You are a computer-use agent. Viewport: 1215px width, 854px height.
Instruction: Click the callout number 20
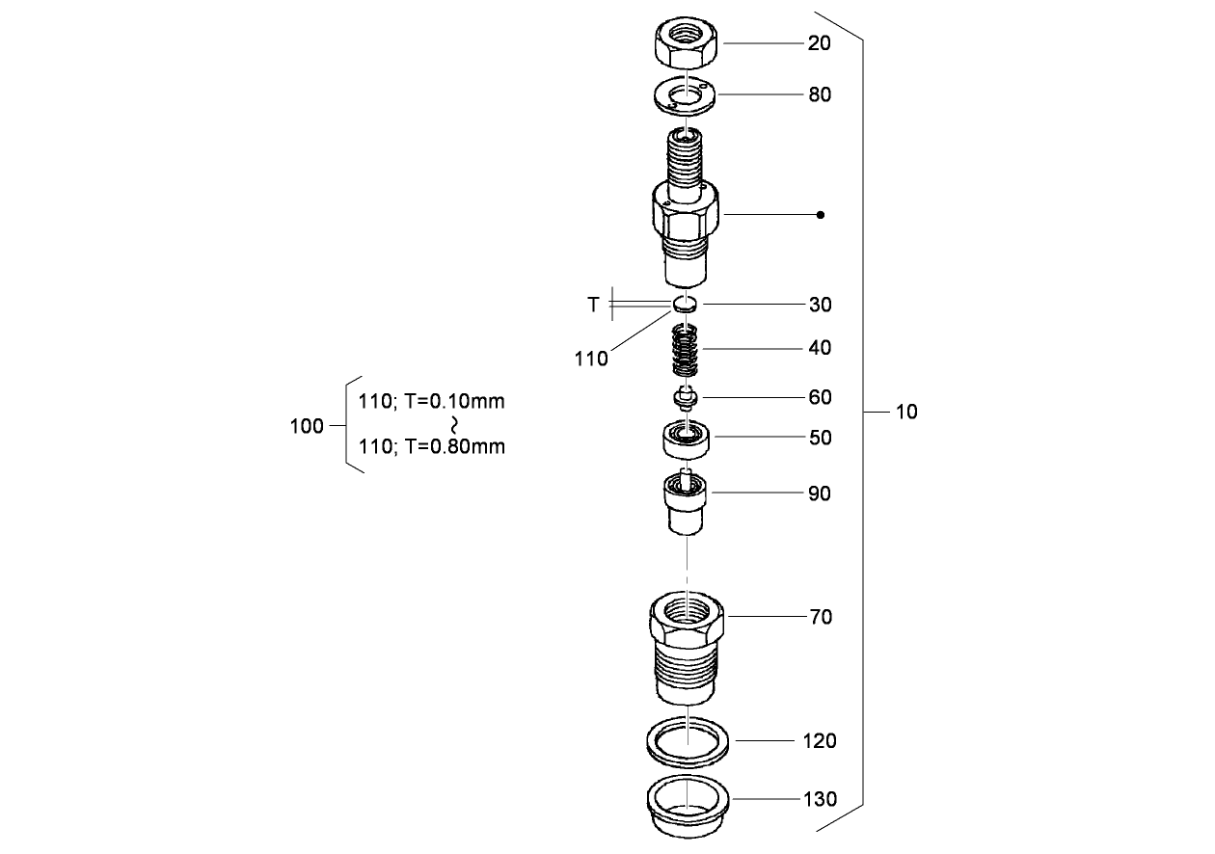(820, 44)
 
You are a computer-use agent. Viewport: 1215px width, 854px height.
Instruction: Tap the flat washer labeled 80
(686, 94)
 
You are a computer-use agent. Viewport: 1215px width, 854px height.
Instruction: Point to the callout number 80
(820, 95)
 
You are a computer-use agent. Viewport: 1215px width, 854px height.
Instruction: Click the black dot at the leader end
(820, 214)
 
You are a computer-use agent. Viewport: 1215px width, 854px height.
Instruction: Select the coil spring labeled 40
(685, 351)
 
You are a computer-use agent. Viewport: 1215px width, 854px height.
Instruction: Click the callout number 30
(820, 305)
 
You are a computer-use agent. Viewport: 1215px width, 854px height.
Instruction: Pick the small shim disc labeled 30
(685, 304)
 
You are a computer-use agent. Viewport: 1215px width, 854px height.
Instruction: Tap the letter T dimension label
(593, 305)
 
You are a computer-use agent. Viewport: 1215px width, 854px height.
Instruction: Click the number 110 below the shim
(591, 360)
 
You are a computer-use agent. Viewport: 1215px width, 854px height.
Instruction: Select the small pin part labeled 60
(685, 396)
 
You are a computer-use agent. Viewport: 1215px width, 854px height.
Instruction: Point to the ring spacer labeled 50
(685, 439)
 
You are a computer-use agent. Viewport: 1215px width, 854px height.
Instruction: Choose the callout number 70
(820, 617)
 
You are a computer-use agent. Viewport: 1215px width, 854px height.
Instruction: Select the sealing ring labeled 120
(686, 741)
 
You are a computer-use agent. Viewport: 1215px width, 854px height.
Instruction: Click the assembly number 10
(906, 413)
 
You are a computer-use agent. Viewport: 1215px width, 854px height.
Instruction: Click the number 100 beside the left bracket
(307, 426)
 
